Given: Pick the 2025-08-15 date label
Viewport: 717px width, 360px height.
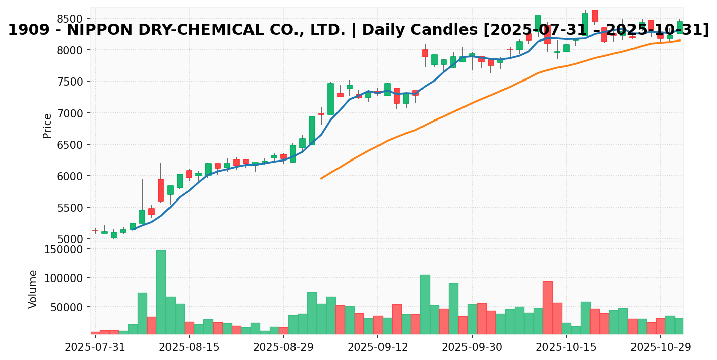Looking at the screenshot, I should coord(189,348).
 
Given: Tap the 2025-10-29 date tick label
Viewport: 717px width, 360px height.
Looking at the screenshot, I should coord(660,348).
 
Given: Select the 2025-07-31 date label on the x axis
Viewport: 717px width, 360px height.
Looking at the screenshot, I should coord(95,348).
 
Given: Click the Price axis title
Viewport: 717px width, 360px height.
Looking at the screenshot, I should coord(47,126).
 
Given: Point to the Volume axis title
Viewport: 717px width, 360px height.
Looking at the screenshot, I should coord(33,289).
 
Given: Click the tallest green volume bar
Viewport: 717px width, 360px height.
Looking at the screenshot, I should coord(161,292).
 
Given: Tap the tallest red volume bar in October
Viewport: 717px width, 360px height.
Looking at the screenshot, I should coord(547,307).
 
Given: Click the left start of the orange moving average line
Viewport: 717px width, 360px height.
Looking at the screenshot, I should coord(321,178).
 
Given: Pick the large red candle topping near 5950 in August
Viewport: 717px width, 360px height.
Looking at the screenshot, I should coord(161,190).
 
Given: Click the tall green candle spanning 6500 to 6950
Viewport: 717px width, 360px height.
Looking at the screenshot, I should coord(312,131).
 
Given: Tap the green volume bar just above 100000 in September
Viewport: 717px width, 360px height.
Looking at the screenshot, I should coord(425,304).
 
